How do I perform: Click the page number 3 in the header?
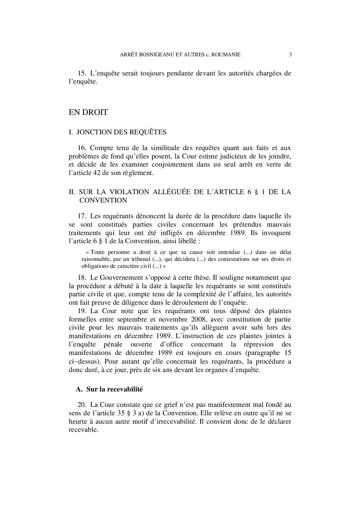tap(290, 55)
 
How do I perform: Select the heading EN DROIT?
tap(88, 112)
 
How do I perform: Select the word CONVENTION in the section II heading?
tap(103, 201)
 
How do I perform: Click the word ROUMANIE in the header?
tap(227, 55)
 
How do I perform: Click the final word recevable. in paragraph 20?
tap(83, 430)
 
